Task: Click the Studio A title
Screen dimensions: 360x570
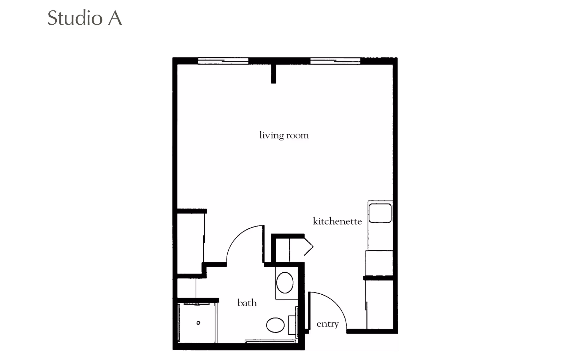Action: tap(85, 18)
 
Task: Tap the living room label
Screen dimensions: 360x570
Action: tap(284, 135)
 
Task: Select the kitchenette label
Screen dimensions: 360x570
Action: tap(337, 221)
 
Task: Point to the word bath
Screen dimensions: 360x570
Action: tap(247, 303)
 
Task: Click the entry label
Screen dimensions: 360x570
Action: tap(327, 324)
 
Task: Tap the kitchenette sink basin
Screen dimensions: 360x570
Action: tap(380, 213)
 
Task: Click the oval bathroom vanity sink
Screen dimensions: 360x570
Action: tap(285, 282)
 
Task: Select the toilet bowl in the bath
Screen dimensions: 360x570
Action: tap(275, 325)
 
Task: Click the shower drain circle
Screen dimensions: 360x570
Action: tap(198, 323)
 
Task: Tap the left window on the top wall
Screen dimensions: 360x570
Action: tap(223, 61)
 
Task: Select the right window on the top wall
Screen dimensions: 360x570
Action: tap(335, 61)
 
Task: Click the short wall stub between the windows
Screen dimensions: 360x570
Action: tap(273, 74)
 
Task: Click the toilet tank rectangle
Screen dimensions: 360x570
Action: tap(292, 325)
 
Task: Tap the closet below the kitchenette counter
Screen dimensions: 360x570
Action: tap(380, 304)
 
